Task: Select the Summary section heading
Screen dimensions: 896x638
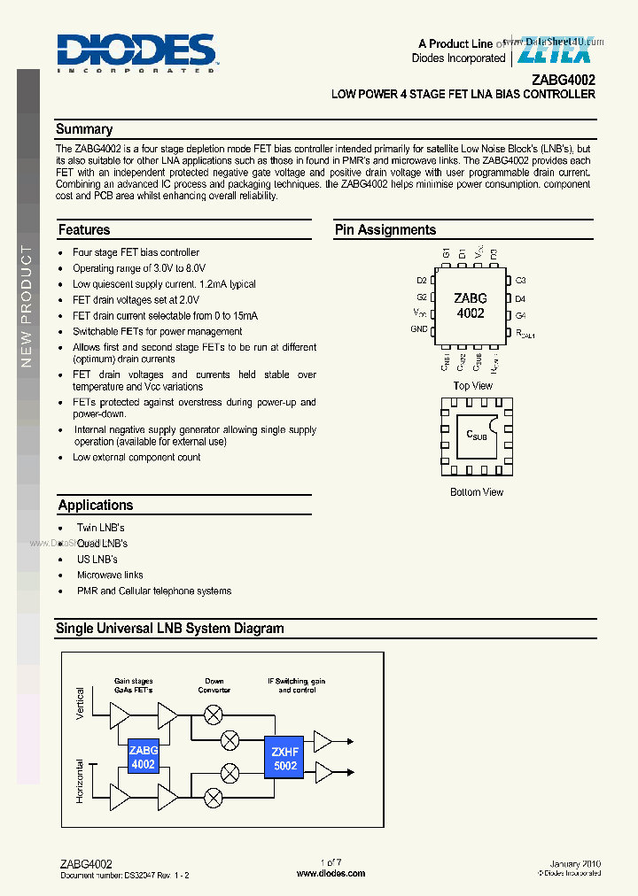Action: tap(84, 129)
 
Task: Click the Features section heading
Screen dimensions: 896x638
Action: tap(84, 230)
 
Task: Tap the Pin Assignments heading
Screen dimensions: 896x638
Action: tap(385, 230)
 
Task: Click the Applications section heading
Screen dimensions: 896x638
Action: tap(96, 506)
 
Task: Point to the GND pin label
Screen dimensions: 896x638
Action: tap(419, 329)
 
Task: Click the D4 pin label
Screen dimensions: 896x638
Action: tap(521, 298)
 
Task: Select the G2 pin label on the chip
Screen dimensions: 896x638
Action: tap(422, 297)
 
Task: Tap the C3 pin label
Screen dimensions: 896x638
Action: tap(521, 281)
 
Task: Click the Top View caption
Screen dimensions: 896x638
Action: tap(472, 386)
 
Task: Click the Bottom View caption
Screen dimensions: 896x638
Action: tap(476, 492)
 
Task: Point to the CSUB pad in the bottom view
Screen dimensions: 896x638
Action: tap(477, 436)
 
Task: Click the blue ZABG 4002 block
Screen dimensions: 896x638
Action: tap(143, 757)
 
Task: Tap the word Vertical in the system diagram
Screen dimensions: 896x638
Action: tap(81, 704)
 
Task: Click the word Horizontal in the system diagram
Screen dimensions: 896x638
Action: tap(81, 781)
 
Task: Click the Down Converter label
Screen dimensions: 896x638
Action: tap(214, 685)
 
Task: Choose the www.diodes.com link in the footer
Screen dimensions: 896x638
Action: tap(331, 873)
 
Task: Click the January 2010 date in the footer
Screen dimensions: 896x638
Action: tap(575, 863)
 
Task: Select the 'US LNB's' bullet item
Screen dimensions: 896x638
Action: tap(97, 560)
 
